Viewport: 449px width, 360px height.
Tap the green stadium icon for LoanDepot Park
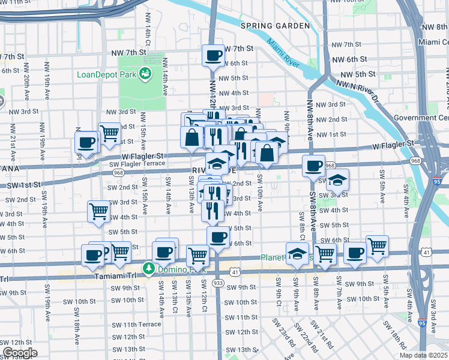(x=144, y=74)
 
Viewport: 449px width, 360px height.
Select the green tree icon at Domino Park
(x=147, y=267)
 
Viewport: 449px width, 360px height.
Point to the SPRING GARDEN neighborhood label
(x=275, y=26)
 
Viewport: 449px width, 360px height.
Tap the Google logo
(x=20, y=353)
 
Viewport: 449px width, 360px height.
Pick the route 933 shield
(x=218, y=282)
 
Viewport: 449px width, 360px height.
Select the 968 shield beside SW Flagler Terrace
(x=118, y=172)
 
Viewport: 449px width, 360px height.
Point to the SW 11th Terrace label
(x=136, y=325)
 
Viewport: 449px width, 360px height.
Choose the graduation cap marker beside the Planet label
(x=297, y=254)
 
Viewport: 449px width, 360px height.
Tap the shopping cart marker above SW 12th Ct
(x=197, y=256)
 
